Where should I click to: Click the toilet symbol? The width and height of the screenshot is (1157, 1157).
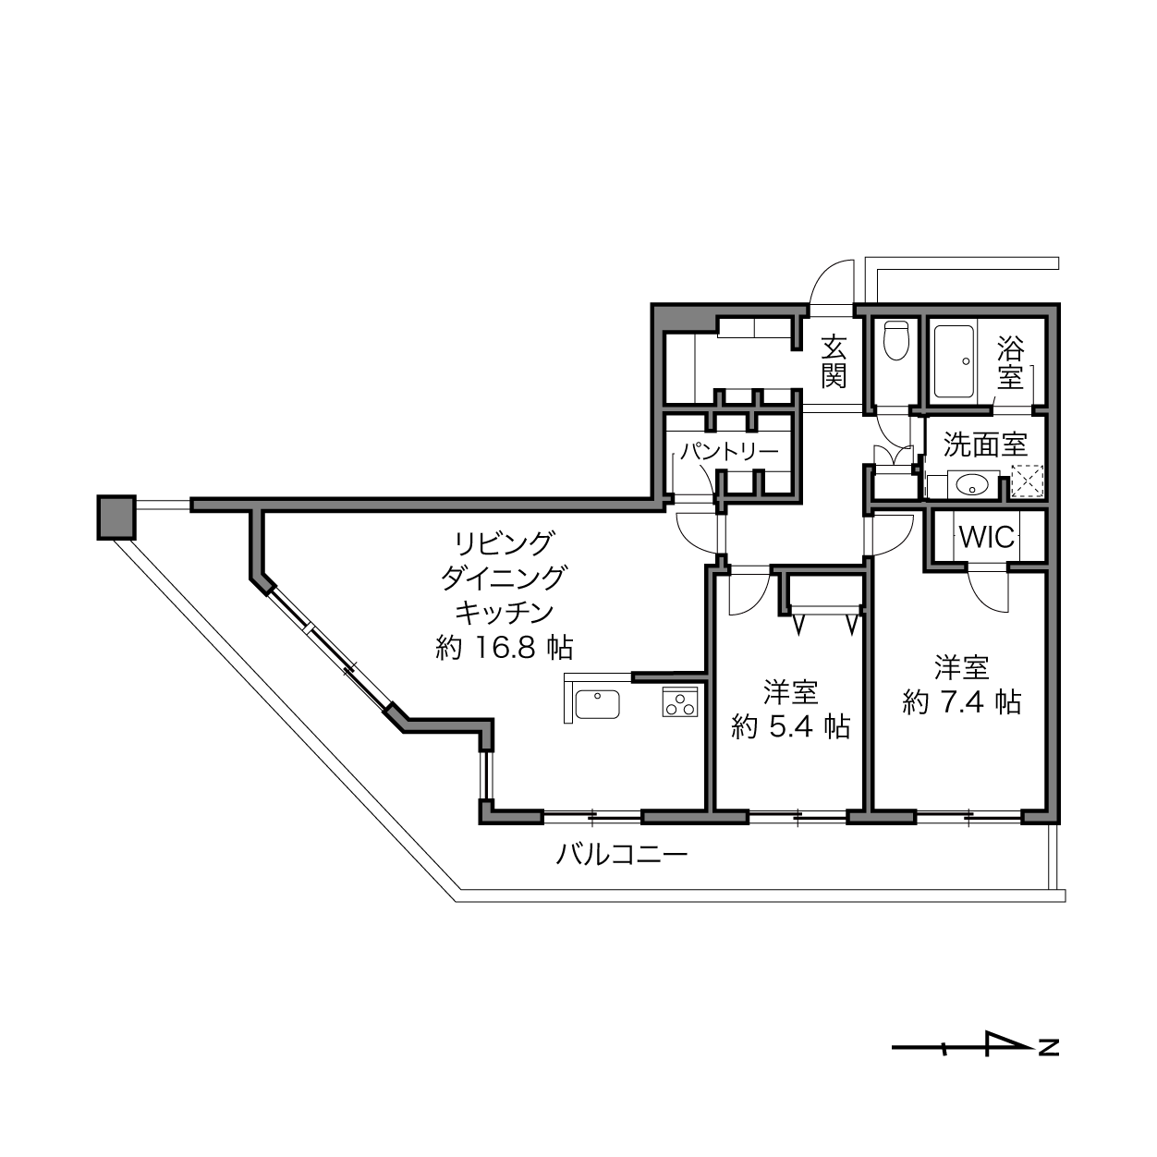click(x=897, y=340)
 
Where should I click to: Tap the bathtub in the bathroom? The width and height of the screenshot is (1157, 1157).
click(x=953, y=361)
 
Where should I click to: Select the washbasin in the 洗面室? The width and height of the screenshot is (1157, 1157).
click(x=971, y=485)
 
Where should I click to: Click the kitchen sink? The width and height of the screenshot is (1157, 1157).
click(x=597, y=704)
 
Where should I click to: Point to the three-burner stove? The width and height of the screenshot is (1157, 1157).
click(x=680, y=702)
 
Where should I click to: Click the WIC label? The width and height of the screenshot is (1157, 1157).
click(x=987, y=537)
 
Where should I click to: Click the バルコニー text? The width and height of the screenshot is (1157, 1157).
click(x=621, y=853)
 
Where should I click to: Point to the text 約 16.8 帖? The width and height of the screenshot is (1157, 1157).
click(x=505, y=648)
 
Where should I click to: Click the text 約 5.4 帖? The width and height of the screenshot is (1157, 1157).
click(x=791, y=727)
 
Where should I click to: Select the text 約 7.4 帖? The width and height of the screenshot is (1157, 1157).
click(x=962, y=701)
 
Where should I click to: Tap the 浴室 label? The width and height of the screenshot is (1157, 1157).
click(x=1010, y=362)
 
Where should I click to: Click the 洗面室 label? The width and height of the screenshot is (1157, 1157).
click(x=985, y=445)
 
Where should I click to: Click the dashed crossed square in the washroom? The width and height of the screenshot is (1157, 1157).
click(x=1028, y=481)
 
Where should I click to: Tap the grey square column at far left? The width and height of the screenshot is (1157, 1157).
click(x=116, y=517)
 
